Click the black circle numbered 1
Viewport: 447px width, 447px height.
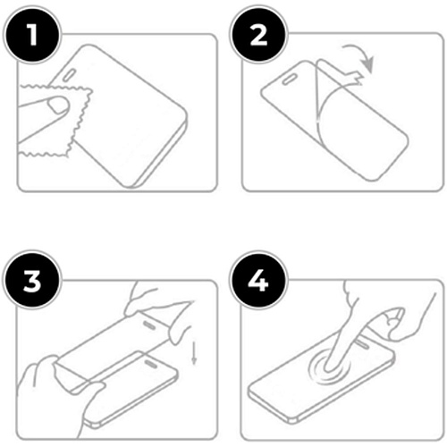coord(32,35)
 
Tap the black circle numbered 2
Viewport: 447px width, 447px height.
coord(258,35)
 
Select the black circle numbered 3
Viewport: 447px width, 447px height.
coord(32,281)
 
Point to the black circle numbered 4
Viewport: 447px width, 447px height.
coord(258,281)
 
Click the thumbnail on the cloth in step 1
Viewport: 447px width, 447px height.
coord(58,105)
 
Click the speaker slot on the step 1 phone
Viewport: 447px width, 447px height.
coord(69,75)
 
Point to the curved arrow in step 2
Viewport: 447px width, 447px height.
coord(360,55)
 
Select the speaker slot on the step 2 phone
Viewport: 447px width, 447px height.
coord(289,80)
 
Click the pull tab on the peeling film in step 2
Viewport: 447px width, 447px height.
coord(356,77)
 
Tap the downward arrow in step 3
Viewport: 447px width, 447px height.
coord(194,353)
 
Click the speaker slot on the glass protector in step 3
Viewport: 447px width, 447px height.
coord(149,325)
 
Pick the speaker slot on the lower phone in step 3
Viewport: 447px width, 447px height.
coord(152,364)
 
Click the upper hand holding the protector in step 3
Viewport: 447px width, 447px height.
coord(158,310)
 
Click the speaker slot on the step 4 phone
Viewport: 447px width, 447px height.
coord(362,343)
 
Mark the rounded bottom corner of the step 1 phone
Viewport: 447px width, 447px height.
coord(131,186)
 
